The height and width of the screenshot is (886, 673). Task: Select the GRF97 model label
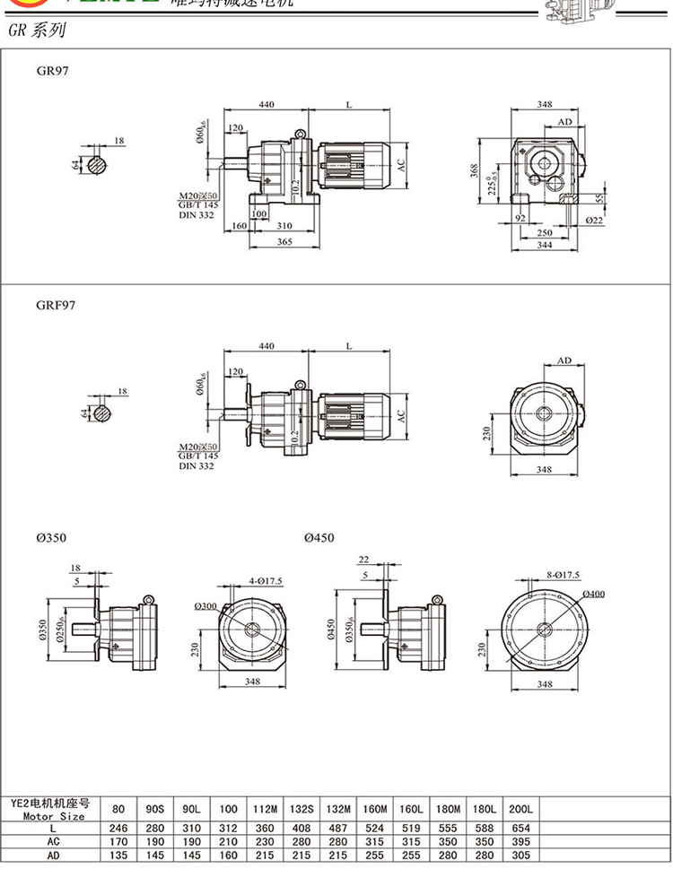pos(56,305)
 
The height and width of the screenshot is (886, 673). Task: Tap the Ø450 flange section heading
pos(319,538)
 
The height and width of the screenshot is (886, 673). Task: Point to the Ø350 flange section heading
pos(52,538)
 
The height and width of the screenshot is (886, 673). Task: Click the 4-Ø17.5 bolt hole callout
pos(265,581)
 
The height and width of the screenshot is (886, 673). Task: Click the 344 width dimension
pos(545,244)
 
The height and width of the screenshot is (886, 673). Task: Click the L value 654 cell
pos(520,829)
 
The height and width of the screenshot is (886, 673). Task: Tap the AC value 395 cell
pos(520,842)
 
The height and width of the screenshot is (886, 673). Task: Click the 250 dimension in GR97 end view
pos(545,232)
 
